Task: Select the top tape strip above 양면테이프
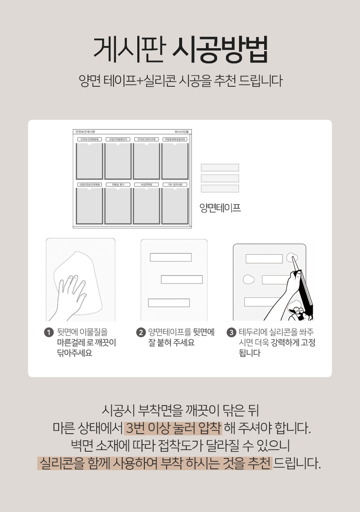pyautogui.click(x=220, y=168)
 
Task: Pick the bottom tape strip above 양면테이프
pyautogui.click(x=220, y=189)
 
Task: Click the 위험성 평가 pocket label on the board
pyautogui.click(x=118, y=184)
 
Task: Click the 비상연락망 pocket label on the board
pyautogui.click(x=146, y=184)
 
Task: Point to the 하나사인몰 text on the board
pyautogui.click(x=182, y=132)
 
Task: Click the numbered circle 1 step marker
pyautogui.click(x=49, y=333)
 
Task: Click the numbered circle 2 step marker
pyautogui.click(x=141, y=333)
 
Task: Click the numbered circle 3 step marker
pyautogui.click(x=231, y=333)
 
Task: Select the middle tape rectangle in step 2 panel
pyautogui.click(x=182, y=279)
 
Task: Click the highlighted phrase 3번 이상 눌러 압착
pyautogui.click(x=173, y=429)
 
